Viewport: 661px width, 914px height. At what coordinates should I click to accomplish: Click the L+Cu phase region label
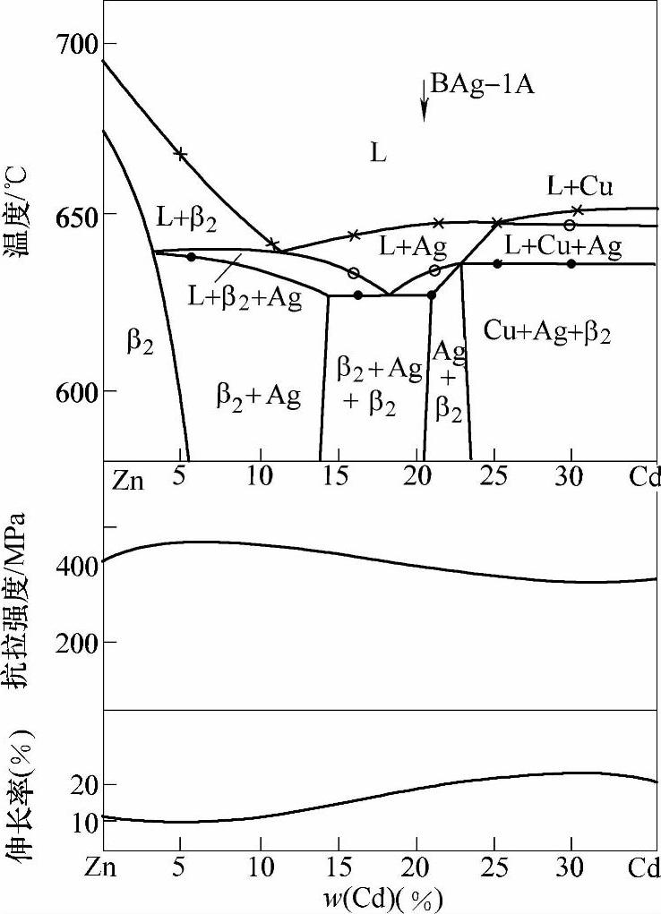580,187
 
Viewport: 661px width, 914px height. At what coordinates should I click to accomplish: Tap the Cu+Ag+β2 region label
547,331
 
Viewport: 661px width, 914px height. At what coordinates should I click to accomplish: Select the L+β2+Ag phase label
245,296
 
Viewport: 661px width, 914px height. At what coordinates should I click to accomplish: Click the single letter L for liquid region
378,153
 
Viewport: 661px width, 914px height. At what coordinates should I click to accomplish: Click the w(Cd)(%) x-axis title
380,896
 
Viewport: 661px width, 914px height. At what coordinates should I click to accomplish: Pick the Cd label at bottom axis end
644,868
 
